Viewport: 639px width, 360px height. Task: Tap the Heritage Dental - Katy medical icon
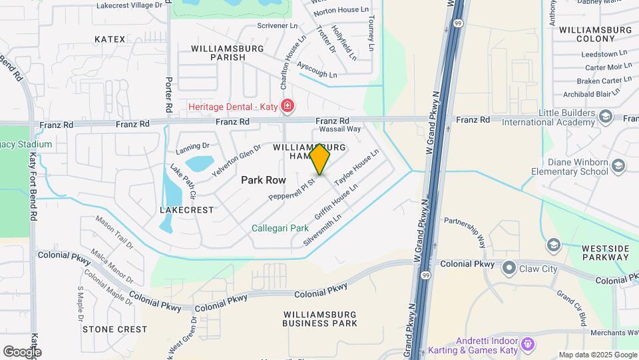pyautogui.click(x=287, y=106)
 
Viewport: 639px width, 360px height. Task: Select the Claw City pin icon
pyautogui.click(x=509, y=268)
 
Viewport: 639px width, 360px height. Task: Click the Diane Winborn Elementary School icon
pyautogui.click(x=618, y=165)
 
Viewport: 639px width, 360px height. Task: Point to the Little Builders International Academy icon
pyautogui.click(x=605, y=117)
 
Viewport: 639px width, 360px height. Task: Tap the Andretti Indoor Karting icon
pyautogui.click(x=529, y=344)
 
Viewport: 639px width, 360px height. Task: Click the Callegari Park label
pyautogui.click(x=279, y=227)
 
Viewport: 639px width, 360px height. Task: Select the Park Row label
pyautogui.click(x=263, y=180)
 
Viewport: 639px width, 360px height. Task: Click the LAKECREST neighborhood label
pyautogui.click(x=187, y=209)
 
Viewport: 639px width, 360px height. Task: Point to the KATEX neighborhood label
pyautogui.click(x=110, y=39)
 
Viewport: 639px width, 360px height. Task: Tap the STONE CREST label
pyautogui.click(x=114, y=329)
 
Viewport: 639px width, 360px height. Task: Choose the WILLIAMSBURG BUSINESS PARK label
pyautogui.click(x=319, y=319)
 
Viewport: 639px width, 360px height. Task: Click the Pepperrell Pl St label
pyautogui.click(x=292, y=190)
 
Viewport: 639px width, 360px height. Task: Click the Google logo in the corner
pyautogui.click(x=22, y=352)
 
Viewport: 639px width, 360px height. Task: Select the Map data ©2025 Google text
pyautogui.click(x=597, y=355)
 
